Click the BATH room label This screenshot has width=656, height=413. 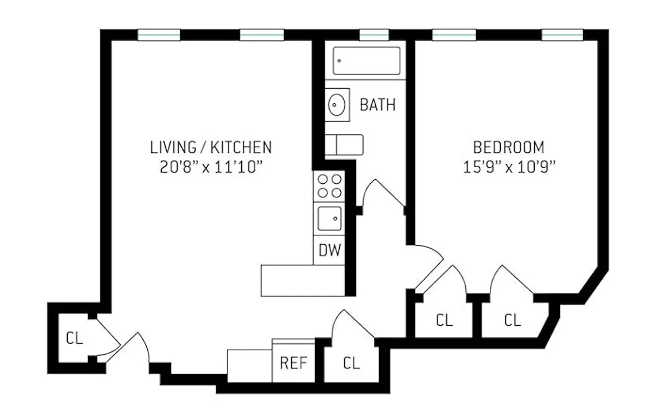[x=377, y=105]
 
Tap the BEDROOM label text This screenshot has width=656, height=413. [x=509, y=148]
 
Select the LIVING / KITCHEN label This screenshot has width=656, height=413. [x=211, y=148]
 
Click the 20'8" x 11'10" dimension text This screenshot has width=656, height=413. [x=211, y=168]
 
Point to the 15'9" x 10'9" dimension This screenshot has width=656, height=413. [x=509, y=168]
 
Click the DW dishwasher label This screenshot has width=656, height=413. [x=330, y=250]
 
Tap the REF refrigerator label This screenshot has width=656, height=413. [x=294, y=363]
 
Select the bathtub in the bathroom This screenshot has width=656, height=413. [x=366, y=61]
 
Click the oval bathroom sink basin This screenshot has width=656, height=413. [x=336, y=105]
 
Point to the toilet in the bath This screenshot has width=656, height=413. [x=344, y=145]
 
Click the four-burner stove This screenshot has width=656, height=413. [x=329, y=186]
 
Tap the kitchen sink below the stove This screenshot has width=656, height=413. [x=329, y=218]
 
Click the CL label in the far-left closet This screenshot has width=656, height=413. [x=74, y=338]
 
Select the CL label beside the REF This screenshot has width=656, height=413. [x=351, y=363]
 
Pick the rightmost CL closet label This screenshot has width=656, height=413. [x=513, y=320]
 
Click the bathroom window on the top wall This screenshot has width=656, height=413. [x=374, y=35]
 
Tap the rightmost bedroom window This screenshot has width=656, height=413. [x=562, y=35]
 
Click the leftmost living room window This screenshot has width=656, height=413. [x=159, y=35]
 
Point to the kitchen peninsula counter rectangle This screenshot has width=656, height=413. [x=303, y=281]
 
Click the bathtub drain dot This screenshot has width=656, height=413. [x=339, y=61]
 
